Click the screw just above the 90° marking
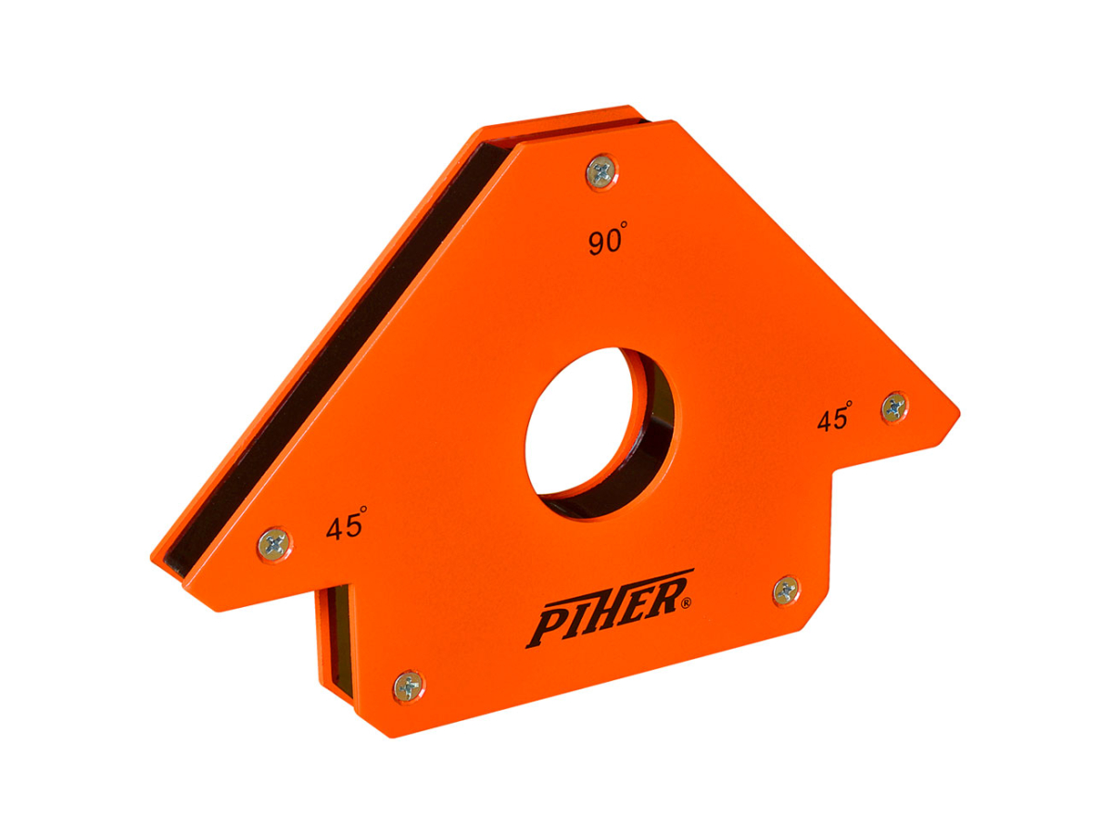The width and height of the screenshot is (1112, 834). pos(601,171)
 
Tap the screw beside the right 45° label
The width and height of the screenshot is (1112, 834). pos(893,407)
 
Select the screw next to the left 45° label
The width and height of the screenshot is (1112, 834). pos(274,543)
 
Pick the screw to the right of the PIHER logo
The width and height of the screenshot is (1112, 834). pos(786,589)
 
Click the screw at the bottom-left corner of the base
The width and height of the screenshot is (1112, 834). pos(408,686)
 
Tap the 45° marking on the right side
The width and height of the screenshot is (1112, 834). pos(834,418)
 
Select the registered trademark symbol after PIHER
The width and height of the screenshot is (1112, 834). pos(685,603)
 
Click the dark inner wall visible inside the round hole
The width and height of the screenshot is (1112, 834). pos(649,445)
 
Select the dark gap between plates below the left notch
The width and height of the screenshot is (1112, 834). pos(335,639)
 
